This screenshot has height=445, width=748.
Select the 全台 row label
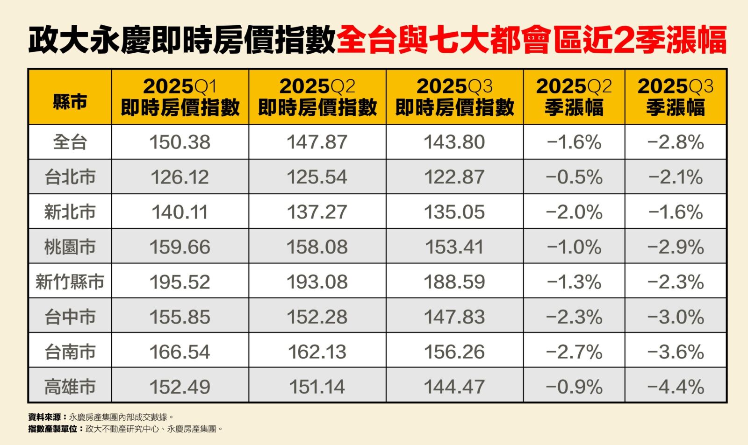(x=70, y=142)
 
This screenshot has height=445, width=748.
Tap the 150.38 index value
(x=180, y=142)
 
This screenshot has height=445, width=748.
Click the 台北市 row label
(x=70, y=177)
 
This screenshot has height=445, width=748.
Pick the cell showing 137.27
(x=317, y=212)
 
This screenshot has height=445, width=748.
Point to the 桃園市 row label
(x=70, y=247)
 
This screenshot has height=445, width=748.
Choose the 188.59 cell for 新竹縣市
(x=454, y=282)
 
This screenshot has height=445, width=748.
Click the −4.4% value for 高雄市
(x=676, y=387)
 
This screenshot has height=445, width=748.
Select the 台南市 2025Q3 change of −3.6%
(x=676, y=352)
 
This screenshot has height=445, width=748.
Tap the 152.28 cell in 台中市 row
(x=317, y=317)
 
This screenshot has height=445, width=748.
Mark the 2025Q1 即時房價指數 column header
(x=180, y=97)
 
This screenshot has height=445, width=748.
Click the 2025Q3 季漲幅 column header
(x=676, y=97)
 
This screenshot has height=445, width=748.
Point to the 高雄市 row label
(x=70, y=387)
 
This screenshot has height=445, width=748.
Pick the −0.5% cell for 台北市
(x=574, y=177)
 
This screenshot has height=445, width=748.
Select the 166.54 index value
(x=180, y=352)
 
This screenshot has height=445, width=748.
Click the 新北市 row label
(x=70, y=212)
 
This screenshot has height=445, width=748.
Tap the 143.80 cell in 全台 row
(x=454, y=142)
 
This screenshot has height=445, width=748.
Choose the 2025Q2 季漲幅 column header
(x=574, y=97)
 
